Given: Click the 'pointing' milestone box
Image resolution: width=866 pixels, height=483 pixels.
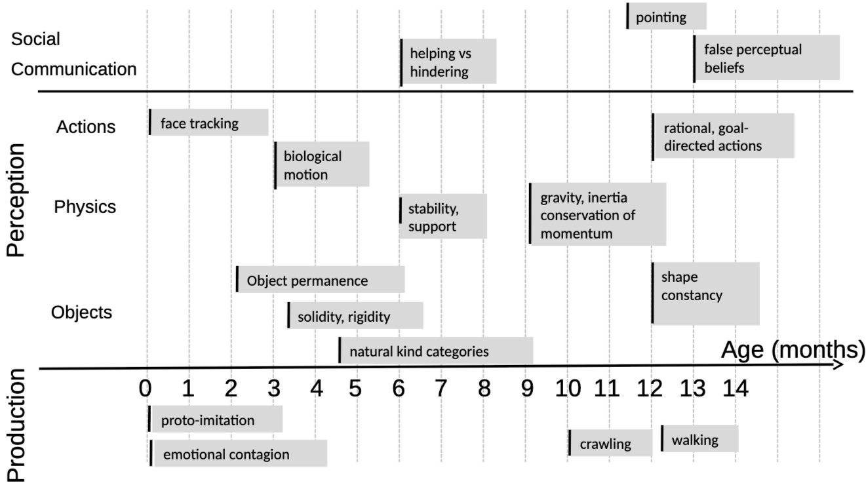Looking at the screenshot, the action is click(x=667, y=16).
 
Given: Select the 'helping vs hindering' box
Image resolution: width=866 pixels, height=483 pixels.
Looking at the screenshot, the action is click(x=448, y=62).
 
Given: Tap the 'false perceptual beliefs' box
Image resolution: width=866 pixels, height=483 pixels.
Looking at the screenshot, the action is click(x=766, y=58).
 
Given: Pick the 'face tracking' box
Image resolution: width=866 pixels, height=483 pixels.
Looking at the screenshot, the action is click(x=208, y=122).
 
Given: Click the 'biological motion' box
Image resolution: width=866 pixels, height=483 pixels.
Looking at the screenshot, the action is click(x=322, y=164).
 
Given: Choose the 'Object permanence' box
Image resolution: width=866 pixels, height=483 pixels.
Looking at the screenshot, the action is click(x=321, y=279).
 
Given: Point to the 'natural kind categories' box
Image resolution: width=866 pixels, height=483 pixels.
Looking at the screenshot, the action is click(x=436, y=350).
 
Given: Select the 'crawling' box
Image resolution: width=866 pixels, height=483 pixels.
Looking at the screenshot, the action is click(x=610, y=443).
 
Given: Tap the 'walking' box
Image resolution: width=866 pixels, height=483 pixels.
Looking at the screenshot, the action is click(x=699, y=438).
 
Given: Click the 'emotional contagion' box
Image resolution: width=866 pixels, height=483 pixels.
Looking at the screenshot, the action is click(x=239, y=454).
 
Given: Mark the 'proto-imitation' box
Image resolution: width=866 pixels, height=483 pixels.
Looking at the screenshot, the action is click(x=216, y=419).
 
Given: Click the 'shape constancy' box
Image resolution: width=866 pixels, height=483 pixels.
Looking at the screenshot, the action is click(x=705, y=294).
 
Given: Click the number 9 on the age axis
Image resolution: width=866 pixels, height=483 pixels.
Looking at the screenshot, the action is click(x=527, y=389).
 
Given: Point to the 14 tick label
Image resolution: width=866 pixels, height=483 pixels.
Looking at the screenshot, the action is click(x=736, y=389).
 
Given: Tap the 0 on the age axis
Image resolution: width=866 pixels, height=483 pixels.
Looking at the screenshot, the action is click(x=146, y=389).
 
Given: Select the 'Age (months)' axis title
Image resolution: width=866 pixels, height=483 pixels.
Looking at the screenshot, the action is click(x=793, y=350).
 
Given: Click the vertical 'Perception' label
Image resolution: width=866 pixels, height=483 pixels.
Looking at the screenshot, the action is click(x=16, y=200).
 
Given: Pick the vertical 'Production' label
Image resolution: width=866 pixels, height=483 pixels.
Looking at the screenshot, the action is click(x=16, y=425).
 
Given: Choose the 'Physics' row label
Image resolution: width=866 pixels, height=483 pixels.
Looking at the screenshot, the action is click(x=85, y=206).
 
